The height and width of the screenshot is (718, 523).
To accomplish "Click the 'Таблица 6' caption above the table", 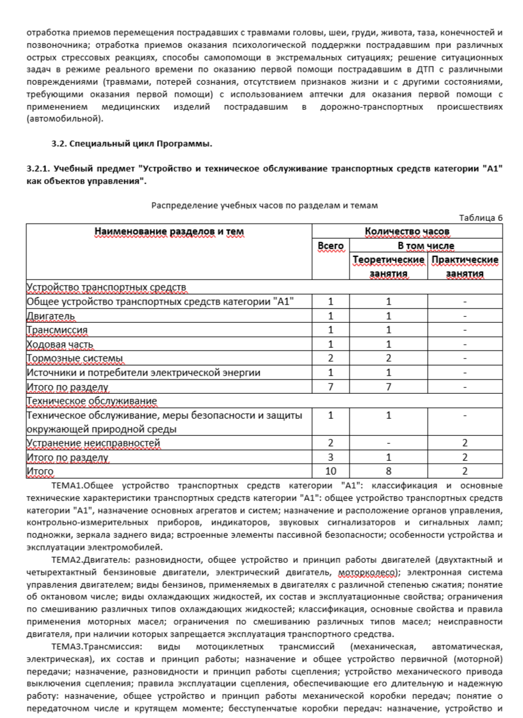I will coord(481,218).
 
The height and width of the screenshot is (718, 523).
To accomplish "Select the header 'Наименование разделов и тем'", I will coord(169,231).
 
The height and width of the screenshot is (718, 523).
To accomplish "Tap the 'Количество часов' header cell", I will coord(407,231).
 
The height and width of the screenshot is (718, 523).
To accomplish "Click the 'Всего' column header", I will coord(330,246).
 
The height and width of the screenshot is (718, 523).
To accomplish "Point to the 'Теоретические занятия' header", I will coord(389,266).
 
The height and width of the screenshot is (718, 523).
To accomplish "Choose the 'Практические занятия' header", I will coord(465,266).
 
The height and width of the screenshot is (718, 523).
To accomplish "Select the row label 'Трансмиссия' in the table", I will coord(57,329).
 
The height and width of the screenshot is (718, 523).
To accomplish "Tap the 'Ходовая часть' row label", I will coord(60,344).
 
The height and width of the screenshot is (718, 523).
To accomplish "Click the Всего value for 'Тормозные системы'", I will coord(330,358).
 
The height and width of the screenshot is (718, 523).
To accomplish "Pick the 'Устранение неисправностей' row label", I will coord(93,443).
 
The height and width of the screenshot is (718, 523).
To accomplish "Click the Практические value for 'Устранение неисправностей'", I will coord(465,443).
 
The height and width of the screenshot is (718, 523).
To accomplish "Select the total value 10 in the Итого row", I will coord(330,471).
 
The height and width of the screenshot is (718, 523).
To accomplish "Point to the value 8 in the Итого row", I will coord(389,471).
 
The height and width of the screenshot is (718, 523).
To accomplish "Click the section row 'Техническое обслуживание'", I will coord(91,400).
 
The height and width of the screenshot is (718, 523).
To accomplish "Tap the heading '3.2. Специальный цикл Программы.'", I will coord(131,143).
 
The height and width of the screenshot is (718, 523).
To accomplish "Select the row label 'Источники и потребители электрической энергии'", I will coord(143,372).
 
